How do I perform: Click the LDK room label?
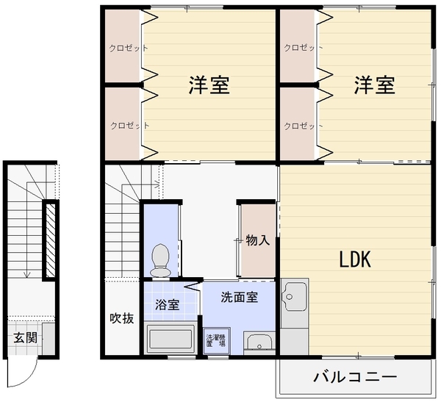[355, 259]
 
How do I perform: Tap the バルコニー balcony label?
[355, 377]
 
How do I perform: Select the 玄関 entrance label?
[26, 337]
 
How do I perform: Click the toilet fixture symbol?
[160, 260]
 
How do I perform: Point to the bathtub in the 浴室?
[171, 339]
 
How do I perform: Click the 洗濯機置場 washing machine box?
[217, 341]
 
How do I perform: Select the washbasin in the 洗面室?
[259, 342]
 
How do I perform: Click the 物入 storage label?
[258, 240]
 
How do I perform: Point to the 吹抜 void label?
[121, 318]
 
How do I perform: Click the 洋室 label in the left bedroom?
[209, 85]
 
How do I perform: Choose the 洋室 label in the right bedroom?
[374, 85]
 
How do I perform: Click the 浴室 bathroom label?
[168, 305]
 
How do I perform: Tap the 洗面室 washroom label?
[239, 297]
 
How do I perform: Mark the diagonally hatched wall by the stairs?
[50, 240]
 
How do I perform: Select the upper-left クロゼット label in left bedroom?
[128, 48]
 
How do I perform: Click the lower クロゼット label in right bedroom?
[303, 126]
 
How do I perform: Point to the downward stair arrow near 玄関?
[27, 230]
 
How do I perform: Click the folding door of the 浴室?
[193, 286]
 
